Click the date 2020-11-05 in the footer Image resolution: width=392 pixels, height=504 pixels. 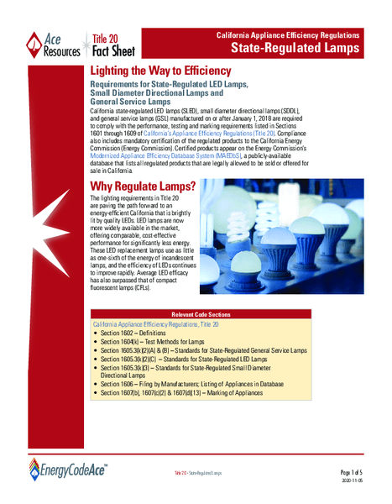coord(361,483)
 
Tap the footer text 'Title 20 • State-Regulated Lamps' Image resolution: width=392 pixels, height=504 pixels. coord(198,474)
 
